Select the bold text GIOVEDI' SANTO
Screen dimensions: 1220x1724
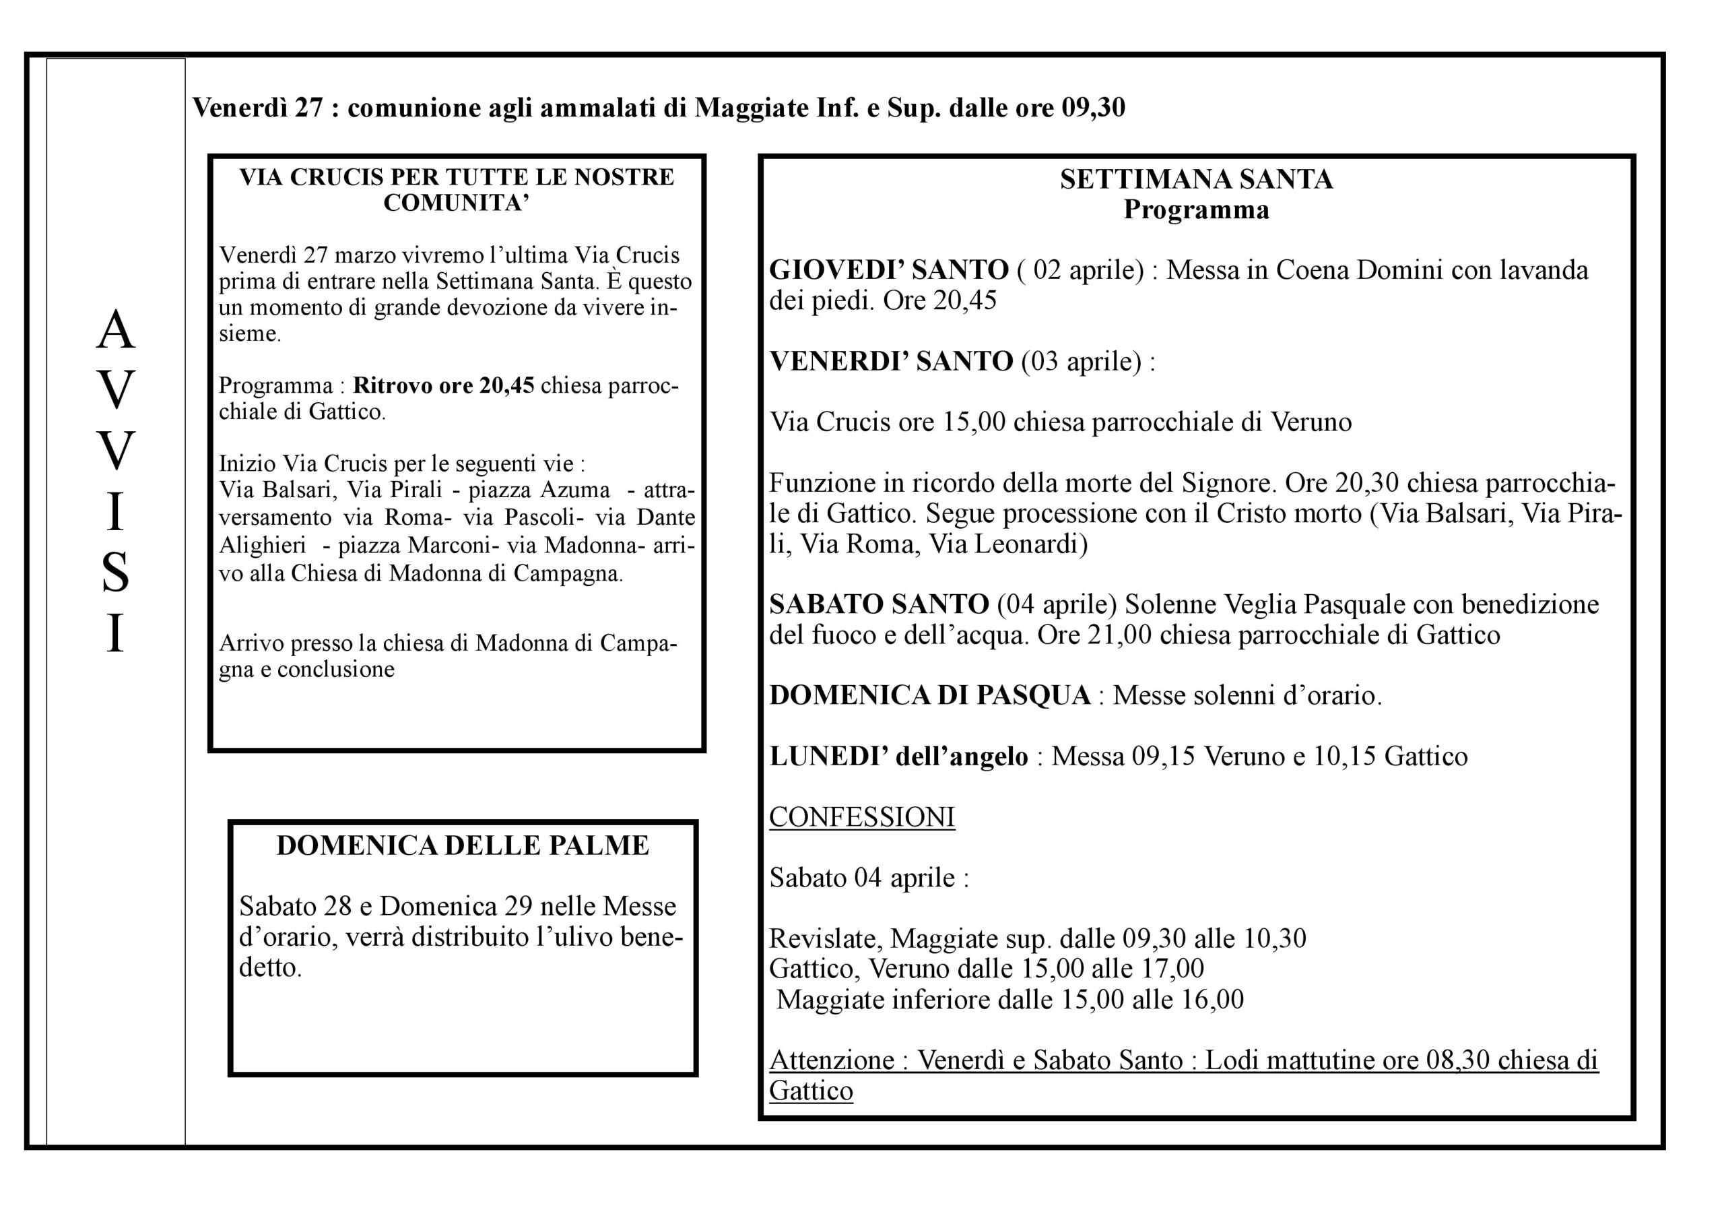888,270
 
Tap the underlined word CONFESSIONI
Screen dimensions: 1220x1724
861,817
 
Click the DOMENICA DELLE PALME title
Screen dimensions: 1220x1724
463,846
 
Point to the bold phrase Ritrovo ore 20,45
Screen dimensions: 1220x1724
443,386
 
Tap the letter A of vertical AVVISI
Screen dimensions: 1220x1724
115,331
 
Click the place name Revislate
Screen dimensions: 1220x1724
823,939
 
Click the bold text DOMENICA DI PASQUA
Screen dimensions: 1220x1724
929,696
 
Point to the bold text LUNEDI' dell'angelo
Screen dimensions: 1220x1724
898,757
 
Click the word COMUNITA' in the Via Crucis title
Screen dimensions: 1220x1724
457,203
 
